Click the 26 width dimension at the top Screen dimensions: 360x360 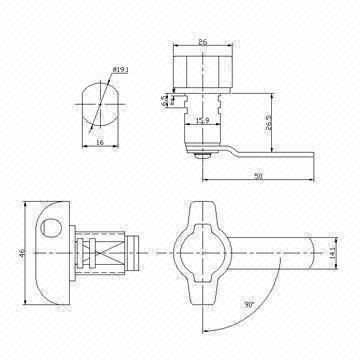click(x=203, y=43)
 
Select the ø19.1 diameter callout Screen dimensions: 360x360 click(x=119, y=71)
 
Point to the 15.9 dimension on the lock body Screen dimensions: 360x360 click(x=201, y=122)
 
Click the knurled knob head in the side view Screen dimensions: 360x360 click(x=202, y=72)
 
